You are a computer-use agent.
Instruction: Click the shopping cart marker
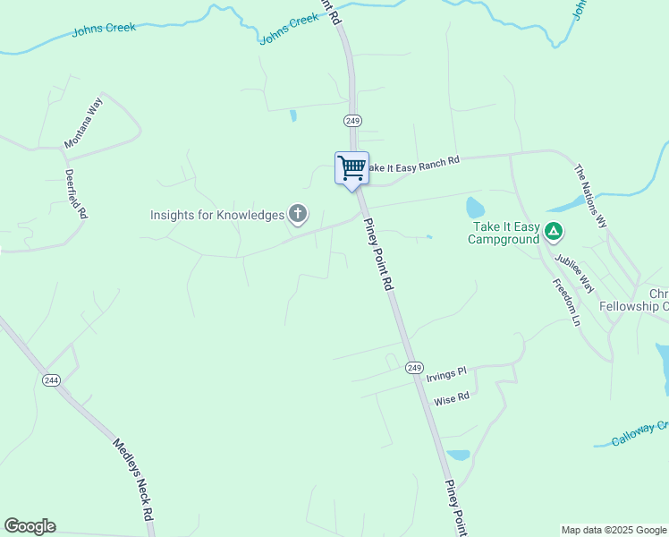pos(351,167)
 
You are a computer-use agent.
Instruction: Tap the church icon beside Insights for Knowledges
pos(297,214)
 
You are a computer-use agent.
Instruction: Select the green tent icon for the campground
pos(554,232)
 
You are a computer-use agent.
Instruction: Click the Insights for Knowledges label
pos(216,215)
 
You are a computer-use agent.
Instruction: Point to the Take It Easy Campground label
pos(505,233)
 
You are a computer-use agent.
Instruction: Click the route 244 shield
pos(50,379)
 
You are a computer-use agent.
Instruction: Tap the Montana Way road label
pos(83,124)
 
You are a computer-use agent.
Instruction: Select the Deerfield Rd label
pos(76,193)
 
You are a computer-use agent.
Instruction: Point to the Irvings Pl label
pos(446,372)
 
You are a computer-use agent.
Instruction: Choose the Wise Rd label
pos(451,398)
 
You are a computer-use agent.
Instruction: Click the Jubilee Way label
pos(574,273)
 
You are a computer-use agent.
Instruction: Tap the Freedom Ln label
pos(566,302)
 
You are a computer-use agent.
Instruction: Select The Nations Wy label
pos(590,194)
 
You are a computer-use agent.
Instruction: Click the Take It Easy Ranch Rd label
pos(413,164)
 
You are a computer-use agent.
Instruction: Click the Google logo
pos(30,526)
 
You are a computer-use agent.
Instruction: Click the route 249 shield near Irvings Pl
pos(413,368)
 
